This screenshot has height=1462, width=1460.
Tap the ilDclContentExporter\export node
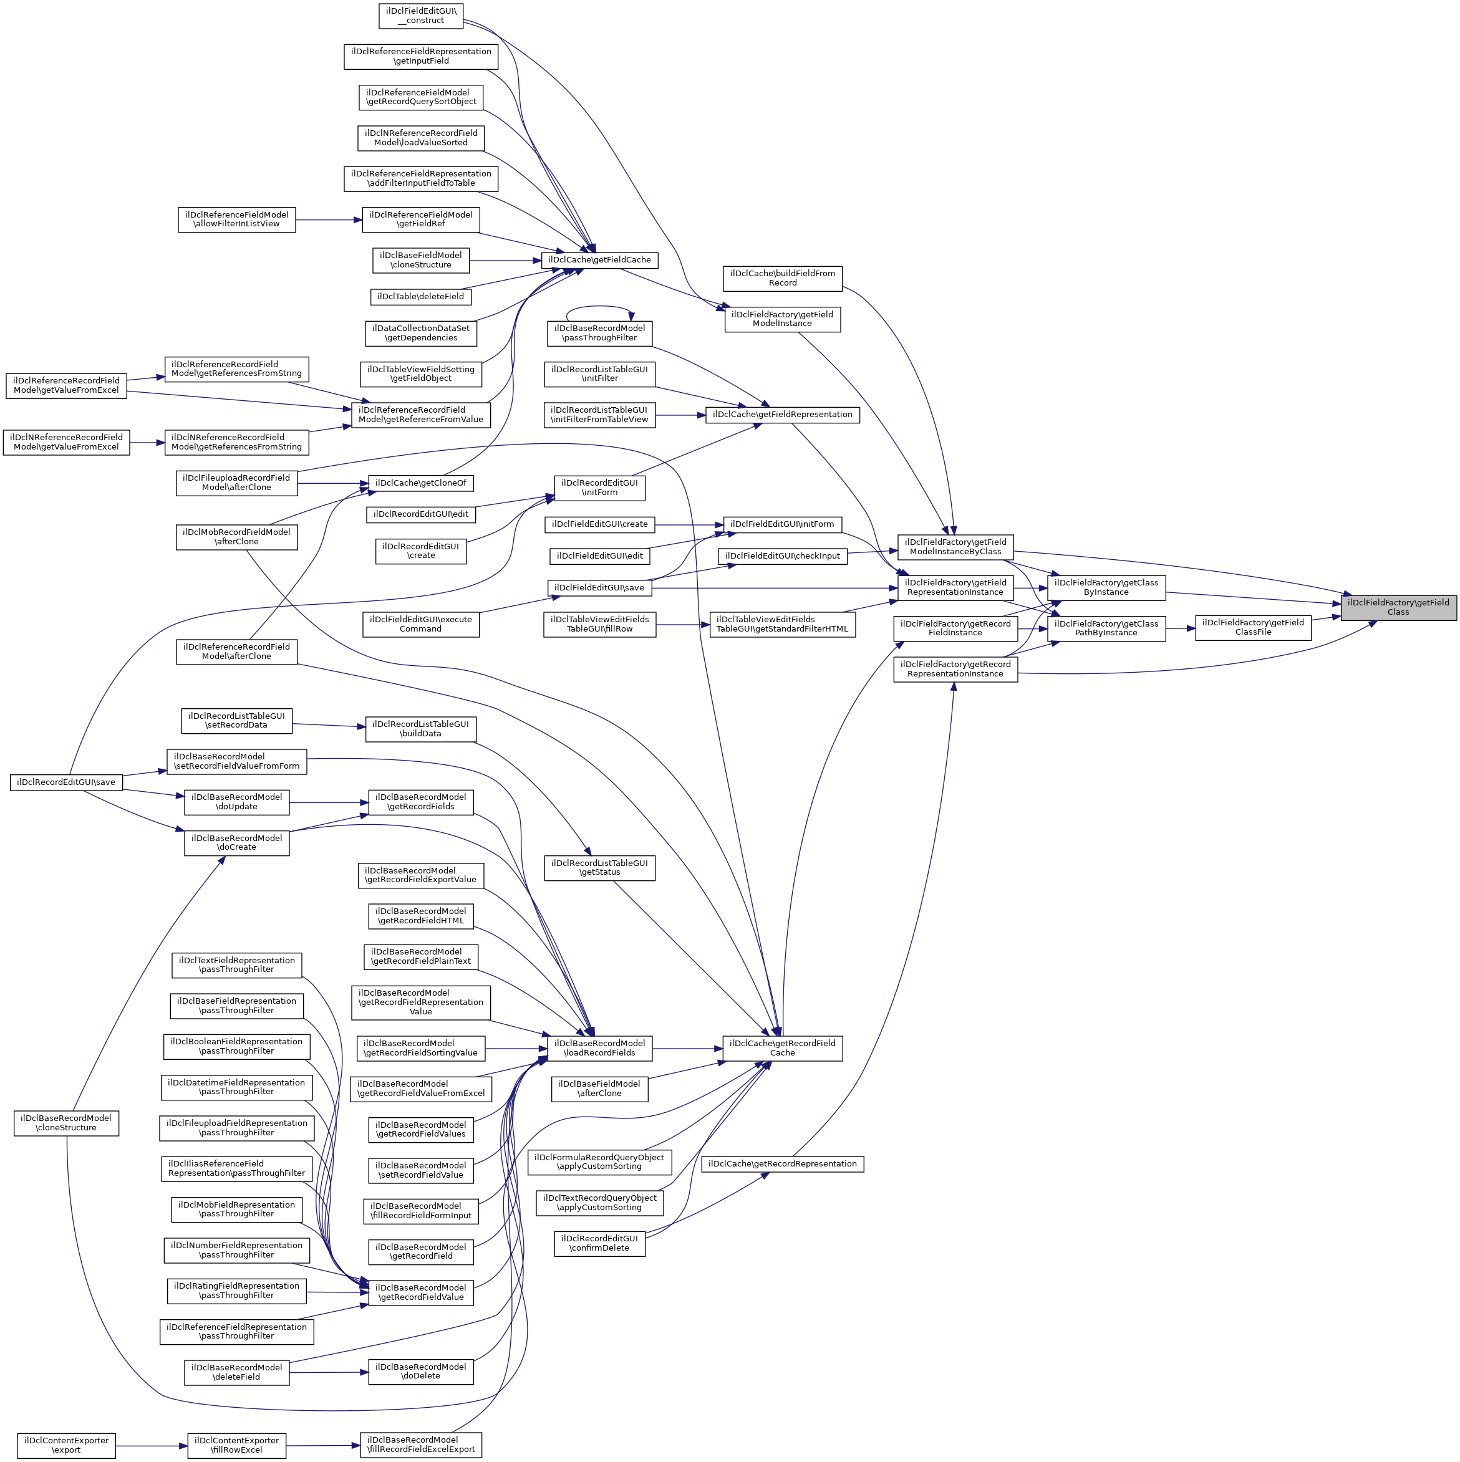66,1445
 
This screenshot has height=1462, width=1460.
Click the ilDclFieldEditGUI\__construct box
420,16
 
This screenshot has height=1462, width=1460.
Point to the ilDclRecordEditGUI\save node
66,782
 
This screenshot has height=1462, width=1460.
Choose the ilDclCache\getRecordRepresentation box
782,1164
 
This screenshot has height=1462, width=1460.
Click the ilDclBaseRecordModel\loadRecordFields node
599,1048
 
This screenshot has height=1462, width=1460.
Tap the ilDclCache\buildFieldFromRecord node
782,279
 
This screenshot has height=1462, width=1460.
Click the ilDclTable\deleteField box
420,297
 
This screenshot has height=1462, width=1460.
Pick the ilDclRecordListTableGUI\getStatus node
599,867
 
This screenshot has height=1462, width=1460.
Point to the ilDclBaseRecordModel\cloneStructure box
66,1123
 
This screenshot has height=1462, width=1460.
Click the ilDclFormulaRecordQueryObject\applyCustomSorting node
599,1161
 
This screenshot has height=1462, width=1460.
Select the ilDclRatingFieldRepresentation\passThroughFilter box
236,1291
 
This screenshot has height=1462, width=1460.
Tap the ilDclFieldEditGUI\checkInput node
782,556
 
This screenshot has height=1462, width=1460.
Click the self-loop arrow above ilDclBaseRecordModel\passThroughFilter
599,307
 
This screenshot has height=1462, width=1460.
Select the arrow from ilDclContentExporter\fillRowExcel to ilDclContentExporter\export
151,1445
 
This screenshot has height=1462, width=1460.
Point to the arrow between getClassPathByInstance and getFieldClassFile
1180,628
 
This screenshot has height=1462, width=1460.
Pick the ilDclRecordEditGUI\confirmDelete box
599,1243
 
